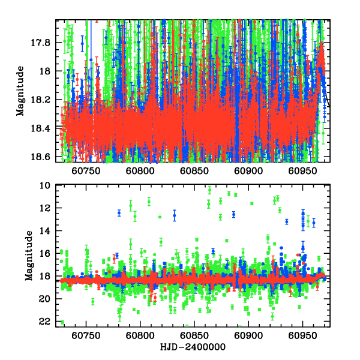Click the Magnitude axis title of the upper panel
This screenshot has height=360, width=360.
20,91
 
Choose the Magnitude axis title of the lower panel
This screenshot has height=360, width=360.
29,257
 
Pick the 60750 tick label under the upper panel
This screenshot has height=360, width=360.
86,171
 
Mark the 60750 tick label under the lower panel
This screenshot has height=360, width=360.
86,336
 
